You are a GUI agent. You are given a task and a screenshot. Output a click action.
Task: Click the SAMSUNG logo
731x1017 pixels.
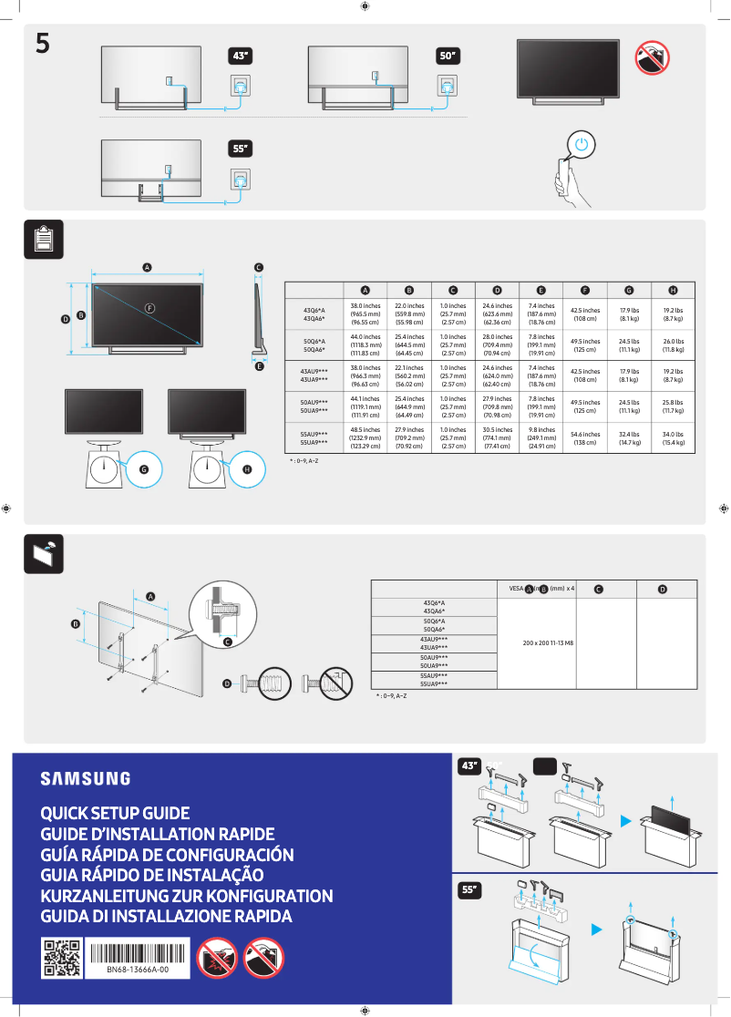pyautogui.click(x=85, y=778)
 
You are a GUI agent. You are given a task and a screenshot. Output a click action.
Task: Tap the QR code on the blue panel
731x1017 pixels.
pyautogui.click(x=61, y=957)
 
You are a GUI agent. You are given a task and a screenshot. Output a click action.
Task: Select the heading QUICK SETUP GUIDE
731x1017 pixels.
pyautogui.click(x=115, y=813)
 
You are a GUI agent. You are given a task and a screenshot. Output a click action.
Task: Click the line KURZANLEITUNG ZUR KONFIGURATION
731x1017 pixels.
pyautogui.click(x=187, y=896)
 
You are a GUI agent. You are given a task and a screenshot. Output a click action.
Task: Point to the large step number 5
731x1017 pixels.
pyautogui.click(x=43, y=43)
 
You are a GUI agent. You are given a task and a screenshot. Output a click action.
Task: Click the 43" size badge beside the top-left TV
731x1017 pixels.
pyautogui.click(x=241, y=56)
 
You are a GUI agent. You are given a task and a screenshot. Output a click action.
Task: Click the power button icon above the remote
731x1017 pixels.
pyautogui.click(x=583, y=144)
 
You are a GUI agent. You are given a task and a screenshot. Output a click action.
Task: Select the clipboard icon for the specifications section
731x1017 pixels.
pyautogui.click(x=43, y=239)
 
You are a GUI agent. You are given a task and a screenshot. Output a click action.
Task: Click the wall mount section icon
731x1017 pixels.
pyautogui.click(x=43, y=553)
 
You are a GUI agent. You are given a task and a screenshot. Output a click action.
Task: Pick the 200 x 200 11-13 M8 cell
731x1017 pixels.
pyautogui.click(x=536, y=643)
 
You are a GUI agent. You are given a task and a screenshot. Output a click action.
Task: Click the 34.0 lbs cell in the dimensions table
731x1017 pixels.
pyautogui.click(x=673, y=438)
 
